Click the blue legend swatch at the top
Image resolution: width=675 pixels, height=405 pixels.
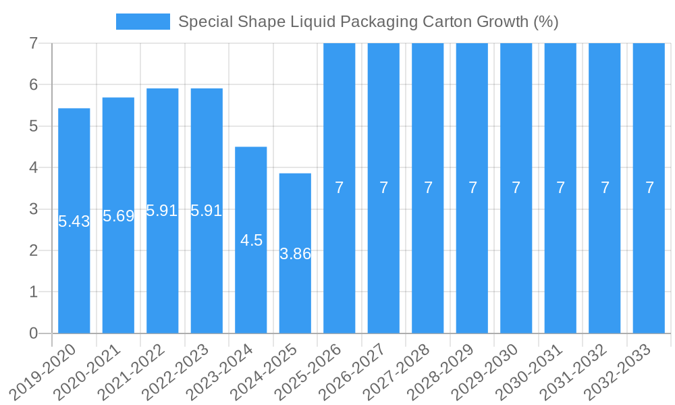(x=143, y=22)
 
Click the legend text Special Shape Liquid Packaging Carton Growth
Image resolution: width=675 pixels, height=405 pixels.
(x=368, y=22)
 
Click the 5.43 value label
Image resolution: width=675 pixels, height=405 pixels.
(x=74, y=221)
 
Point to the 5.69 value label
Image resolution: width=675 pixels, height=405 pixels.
(x=118, y=216)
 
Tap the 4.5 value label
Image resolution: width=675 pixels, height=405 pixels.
(x=251, y=240)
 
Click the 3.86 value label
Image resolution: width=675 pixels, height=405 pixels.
(x=295, y=254)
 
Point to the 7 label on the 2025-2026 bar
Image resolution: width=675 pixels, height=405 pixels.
(x=340, y=188)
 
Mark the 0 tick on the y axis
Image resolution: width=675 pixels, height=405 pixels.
(x=34, y=333)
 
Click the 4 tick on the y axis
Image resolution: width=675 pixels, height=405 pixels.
(x=34, y=167)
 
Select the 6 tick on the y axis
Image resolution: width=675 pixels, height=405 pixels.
(x=34, y=84)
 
